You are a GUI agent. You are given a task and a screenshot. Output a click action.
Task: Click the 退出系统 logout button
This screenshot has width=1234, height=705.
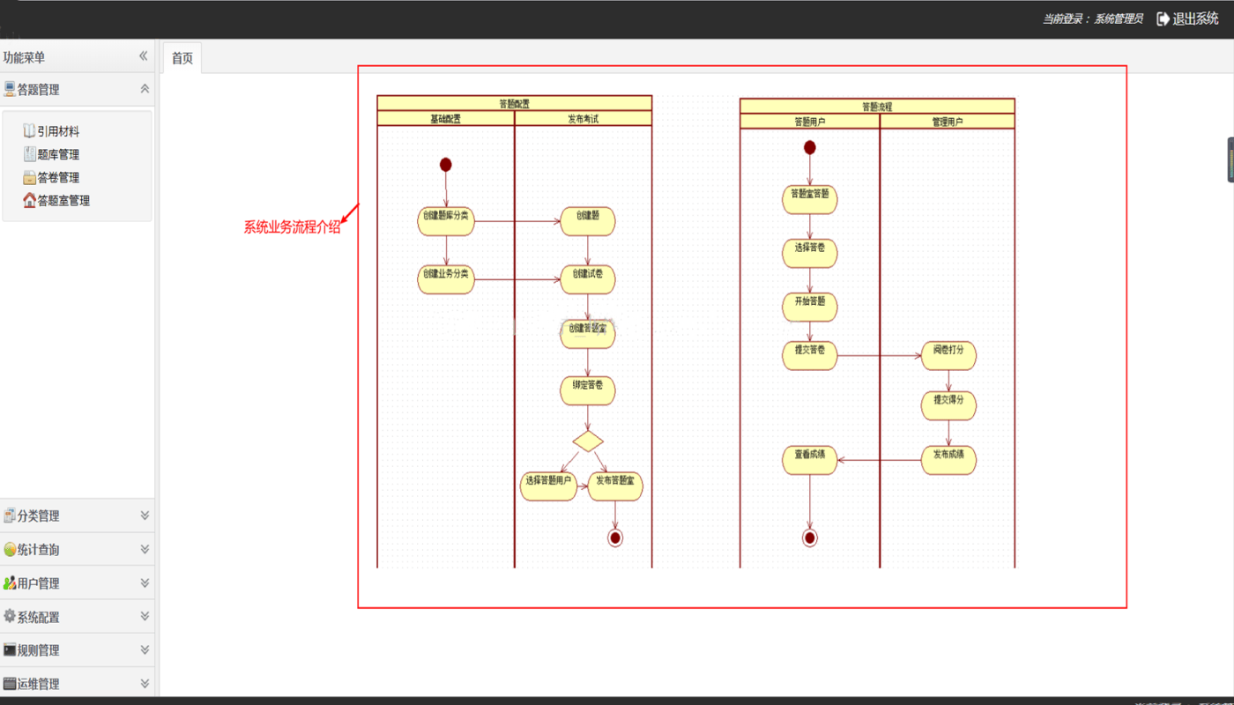click(1187, 19)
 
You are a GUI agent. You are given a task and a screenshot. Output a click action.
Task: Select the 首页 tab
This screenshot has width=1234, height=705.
click(182, 58)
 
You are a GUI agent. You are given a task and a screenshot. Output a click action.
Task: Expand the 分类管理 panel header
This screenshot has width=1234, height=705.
click(77, 516)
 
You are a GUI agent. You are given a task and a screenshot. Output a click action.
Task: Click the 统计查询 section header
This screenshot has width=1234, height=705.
click(77, 549)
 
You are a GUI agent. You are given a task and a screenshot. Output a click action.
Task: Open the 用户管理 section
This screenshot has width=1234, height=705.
click(77, 583)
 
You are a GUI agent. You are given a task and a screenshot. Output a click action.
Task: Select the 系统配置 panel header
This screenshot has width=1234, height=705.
click(77, 617)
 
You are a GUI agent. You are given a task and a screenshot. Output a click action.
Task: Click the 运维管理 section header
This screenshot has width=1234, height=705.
click(77, 683)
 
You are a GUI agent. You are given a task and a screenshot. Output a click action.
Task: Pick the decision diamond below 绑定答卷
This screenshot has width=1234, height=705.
click(588, 440)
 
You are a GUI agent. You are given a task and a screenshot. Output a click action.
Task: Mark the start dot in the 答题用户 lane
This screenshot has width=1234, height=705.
click(809, 147)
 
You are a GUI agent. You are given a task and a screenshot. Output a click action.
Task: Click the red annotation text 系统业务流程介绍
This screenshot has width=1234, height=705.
click(292, 227)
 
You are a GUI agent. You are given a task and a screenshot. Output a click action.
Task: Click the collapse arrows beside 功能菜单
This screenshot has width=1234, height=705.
click(143, 56)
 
